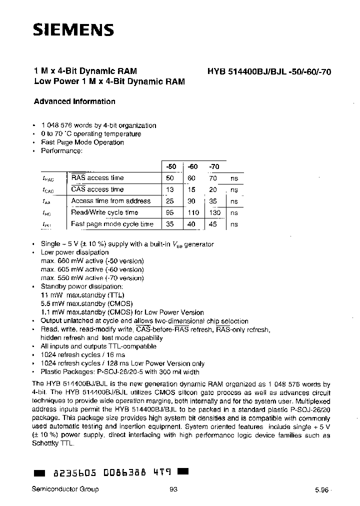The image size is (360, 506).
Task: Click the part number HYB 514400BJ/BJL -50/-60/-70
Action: pos(269,71)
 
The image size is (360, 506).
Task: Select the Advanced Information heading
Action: pos(74,101)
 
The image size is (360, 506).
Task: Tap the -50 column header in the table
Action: pos(170,166)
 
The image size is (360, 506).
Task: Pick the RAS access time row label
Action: pos(97,178)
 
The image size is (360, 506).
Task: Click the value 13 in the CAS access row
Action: pos(170,189)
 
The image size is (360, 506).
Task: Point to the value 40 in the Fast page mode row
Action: pos(191,224)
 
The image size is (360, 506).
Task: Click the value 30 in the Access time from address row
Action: pos(191,201)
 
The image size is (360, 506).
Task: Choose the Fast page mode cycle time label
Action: pos(112,224)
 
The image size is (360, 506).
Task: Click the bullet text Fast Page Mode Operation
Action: pos(82,142)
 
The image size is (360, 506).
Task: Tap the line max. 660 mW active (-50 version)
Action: pos(92,261)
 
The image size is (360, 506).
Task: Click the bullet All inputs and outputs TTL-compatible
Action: pos(98,346)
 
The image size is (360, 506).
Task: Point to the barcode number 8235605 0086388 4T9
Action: pos(109,472)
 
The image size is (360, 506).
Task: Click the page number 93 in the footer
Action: pos(173,489)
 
